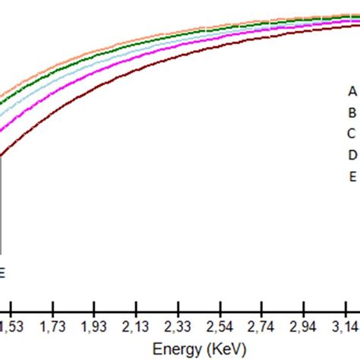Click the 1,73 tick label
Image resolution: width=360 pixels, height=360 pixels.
point(52,326)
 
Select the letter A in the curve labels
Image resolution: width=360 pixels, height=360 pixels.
point(352,91)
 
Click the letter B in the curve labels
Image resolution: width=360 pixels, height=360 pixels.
point(352,113)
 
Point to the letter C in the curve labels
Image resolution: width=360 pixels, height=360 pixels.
point(352,134)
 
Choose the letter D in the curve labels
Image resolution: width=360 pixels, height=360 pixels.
point(352,156)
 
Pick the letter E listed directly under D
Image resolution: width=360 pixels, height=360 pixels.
point(352,177)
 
